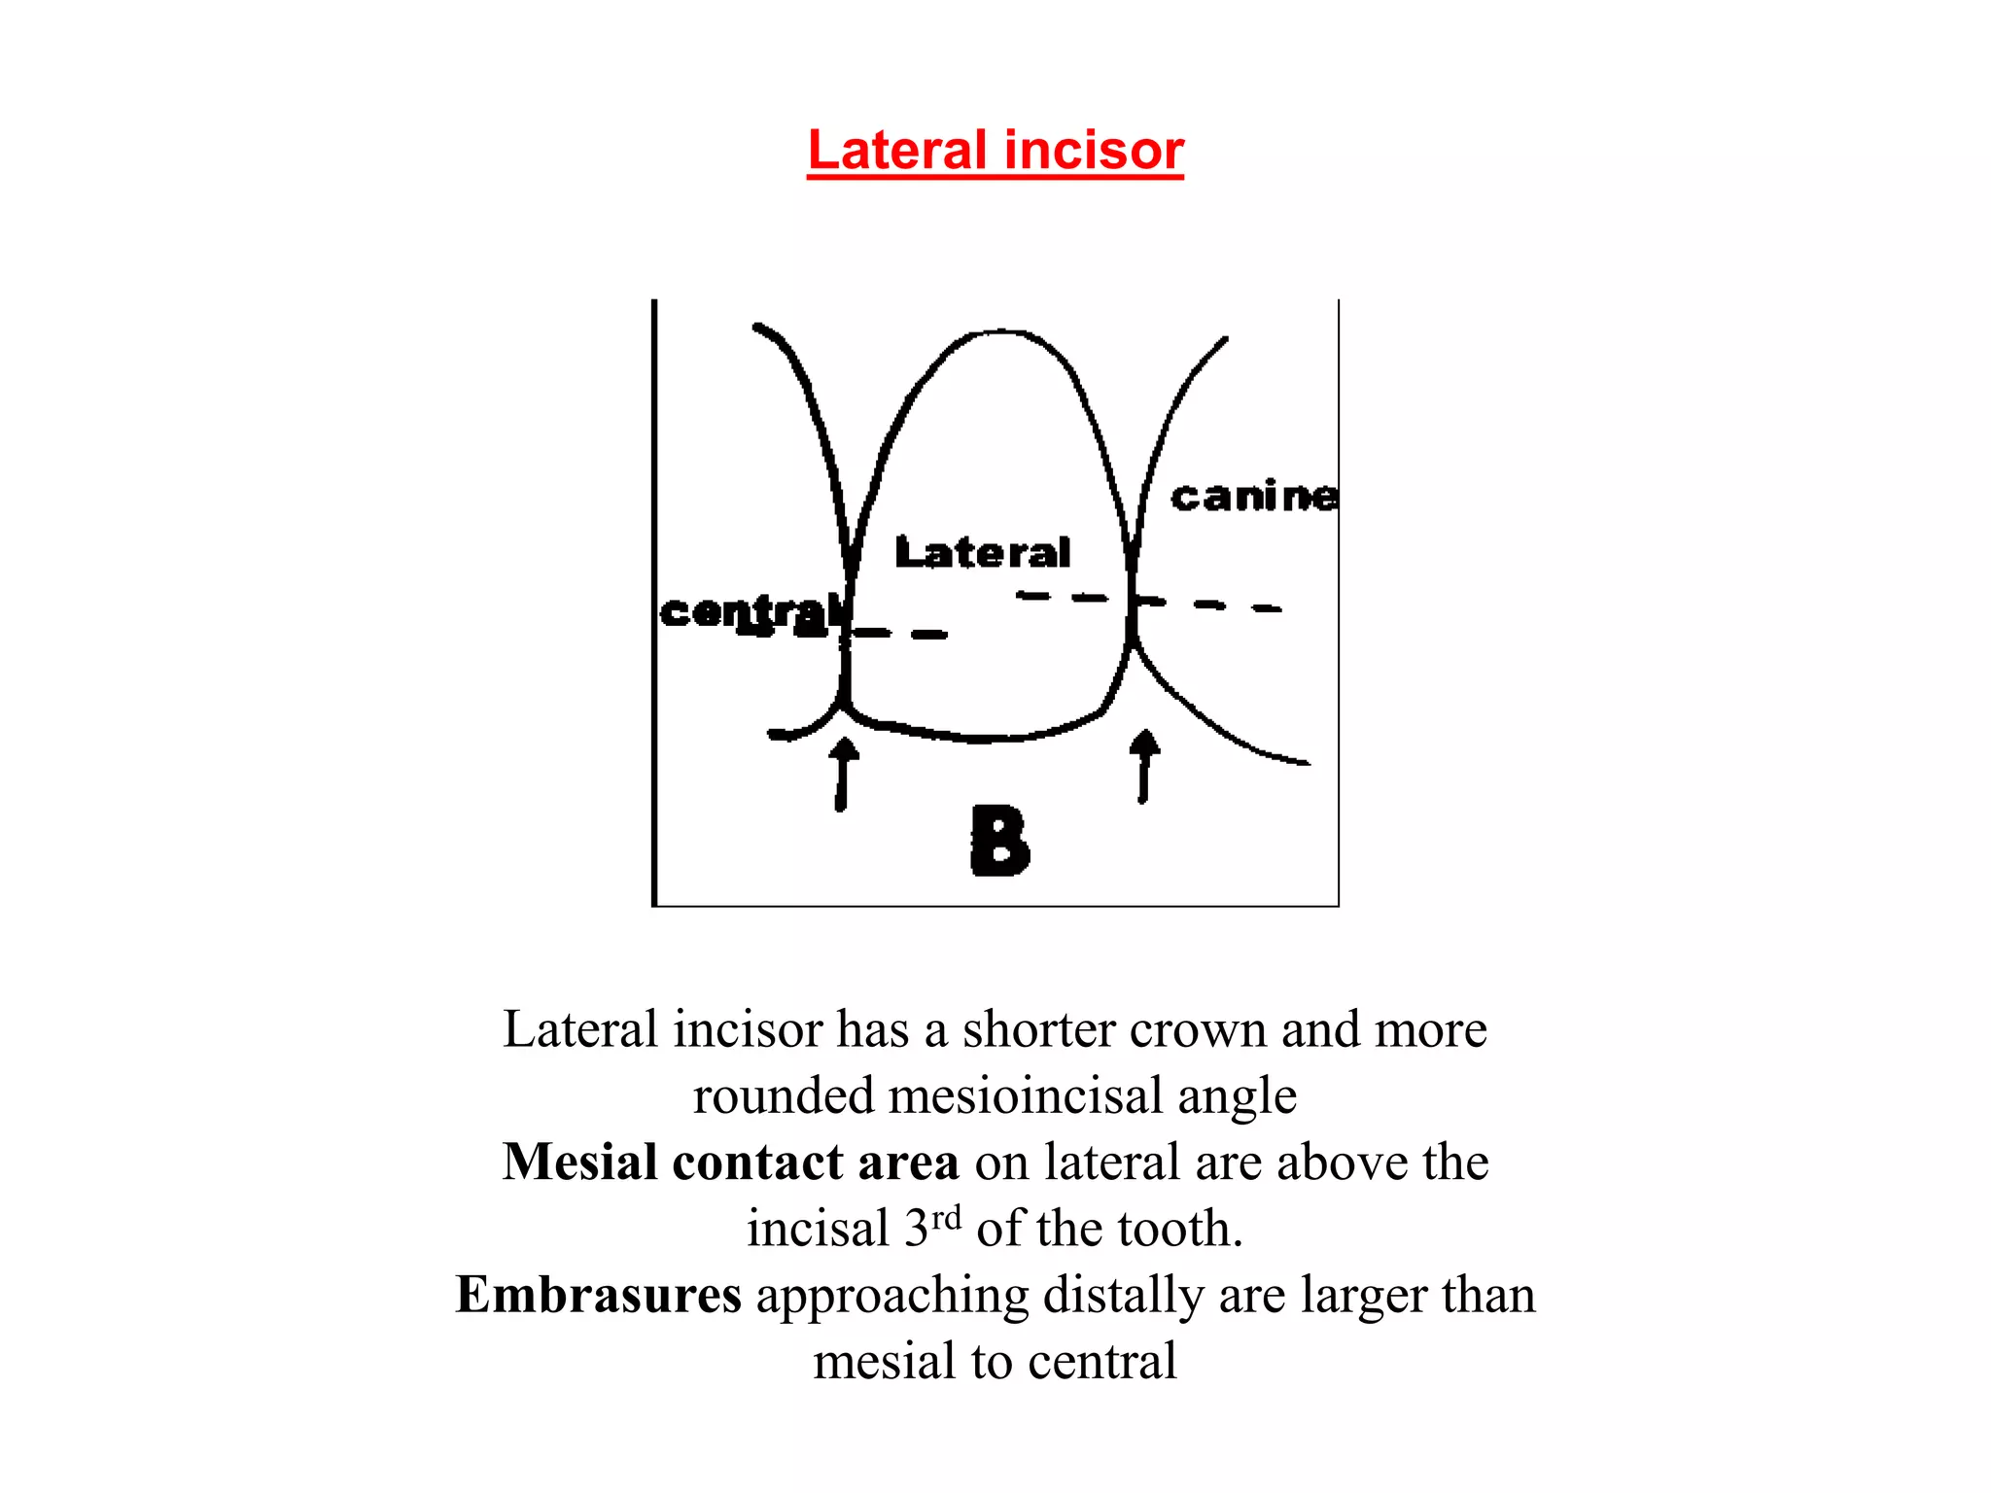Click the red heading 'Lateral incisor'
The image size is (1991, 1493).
coord(995,151)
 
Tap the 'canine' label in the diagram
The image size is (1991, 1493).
coord(1254,497)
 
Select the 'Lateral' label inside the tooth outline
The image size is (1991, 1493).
coord(982,552)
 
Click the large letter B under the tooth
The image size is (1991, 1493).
coord(999,841)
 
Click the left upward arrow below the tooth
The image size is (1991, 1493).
coord(844,773)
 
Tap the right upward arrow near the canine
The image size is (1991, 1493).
coord(1145,765)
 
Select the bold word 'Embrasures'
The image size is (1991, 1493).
coord(598,1295)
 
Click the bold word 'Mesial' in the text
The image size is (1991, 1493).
coord(579,1163)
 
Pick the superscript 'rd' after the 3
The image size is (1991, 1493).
coord(946,1217)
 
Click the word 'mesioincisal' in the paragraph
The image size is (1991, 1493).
coord(1025,1096)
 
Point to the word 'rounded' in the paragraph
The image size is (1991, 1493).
coord(783,1096)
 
